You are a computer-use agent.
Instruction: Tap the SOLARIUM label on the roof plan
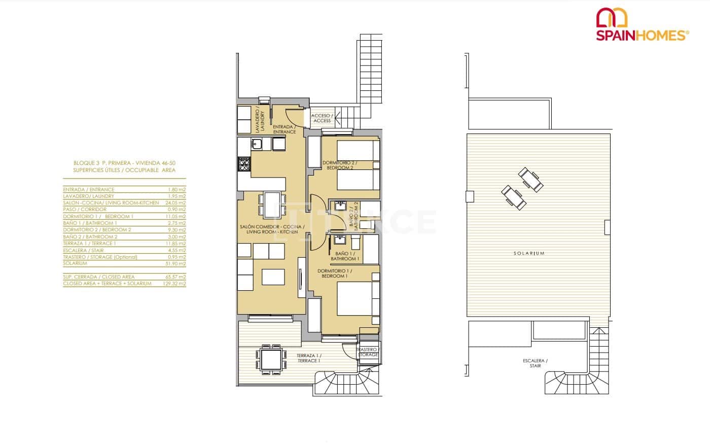point(529,253)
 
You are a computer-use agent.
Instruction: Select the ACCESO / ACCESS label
point(322,118)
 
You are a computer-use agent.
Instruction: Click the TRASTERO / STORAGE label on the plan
point(367,352)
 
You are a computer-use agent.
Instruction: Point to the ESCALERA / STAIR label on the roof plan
point(535,363)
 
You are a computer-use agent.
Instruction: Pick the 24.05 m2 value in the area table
point(176,203)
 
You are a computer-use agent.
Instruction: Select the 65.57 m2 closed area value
point(176,277)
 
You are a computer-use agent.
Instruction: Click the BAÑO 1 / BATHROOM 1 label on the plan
point(345,256)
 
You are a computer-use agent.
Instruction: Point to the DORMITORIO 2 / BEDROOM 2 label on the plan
point(340,165)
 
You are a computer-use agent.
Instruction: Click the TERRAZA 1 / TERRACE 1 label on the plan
point(308,358)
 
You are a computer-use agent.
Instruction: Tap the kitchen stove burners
point(244,164)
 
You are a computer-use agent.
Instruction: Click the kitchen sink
point(257,145)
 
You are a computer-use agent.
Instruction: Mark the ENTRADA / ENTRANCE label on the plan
point(284,129)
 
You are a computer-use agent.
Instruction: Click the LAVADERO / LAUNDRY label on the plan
point(260,121)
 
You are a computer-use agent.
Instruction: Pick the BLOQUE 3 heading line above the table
point(124,163)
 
